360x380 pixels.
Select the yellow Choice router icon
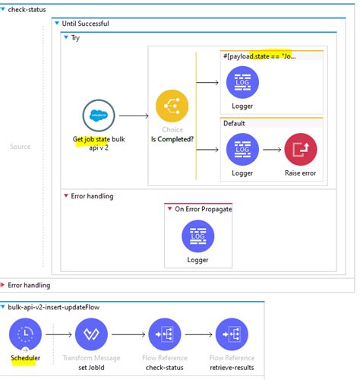click(172, 107)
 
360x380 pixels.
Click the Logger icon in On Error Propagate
click(198, 236)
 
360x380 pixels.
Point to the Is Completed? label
click(172, 140)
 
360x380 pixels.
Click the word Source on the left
click(21, 146)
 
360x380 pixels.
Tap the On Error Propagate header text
click(202, 208)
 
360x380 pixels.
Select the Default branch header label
click(235, 122)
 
